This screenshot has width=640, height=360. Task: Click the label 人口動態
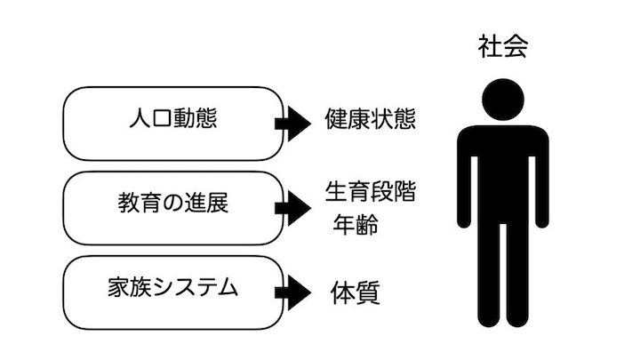pos(164,120)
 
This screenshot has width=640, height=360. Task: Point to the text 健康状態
pos(372,120)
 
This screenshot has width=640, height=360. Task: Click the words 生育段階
pos(372,191)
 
